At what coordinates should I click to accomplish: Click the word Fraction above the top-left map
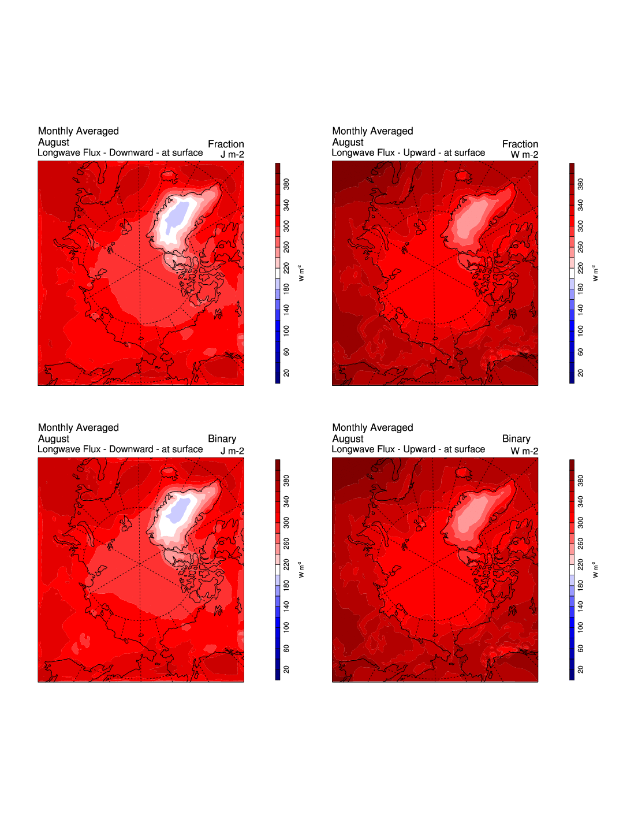click(226, 144)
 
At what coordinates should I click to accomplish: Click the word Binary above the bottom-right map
click(516, 438)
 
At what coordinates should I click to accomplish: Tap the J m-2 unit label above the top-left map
click(232, 154)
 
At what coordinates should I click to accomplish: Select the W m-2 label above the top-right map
click(524, 154)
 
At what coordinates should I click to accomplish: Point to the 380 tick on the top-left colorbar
click(286, 184)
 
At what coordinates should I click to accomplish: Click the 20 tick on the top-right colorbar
click(580, 373)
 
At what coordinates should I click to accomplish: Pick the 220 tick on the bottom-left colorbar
click(286, 564)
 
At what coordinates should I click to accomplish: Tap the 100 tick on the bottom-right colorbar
click(580, 627)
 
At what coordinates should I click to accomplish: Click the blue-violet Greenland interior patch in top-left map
click(181, 213)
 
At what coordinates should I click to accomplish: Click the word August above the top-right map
click(348, 142)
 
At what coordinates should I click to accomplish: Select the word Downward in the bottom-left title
click(131, 449)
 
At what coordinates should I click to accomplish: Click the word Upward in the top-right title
click(419, 152)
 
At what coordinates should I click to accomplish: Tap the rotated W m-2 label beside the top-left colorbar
click(301, 273)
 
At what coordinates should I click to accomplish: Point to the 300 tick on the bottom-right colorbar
click(580, 522)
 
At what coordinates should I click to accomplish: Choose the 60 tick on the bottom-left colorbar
click(286, 648)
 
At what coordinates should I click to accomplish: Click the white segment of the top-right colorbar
click(572, 274)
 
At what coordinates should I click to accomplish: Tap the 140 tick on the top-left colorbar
click(286, 310)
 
